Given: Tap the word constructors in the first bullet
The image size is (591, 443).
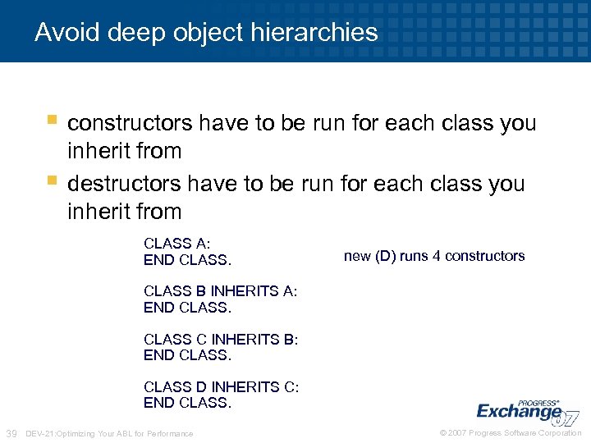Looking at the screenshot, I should [130, 123].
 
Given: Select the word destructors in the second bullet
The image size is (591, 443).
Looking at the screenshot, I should [124, 183].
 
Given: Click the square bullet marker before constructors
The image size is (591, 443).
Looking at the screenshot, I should [52, 121].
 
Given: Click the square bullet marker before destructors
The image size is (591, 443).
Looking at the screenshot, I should [52, 180].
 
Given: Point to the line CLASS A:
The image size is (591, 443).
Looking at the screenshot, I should [176, 243].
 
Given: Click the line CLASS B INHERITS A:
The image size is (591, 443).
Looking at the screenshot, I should [220, 291].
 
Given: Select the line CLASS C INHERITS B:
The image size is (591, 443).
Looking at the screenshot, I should [221, 339].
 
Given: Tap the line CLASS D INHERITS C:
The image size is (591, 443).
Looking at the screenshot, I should [221, 387].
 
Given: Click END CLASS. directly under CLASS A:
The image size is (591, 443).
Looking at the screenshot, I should [187, 260].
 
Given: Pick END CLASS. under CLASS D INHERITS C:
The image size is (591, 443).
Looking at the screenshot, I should [187, 403].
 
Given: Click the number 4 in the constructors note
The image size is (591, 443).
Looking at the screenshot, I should [437, 256].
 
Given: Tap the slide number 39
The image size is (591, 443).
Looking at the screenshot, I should [12, 433].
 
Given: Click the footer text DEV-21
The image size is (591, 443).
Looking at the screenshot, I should [40, 433].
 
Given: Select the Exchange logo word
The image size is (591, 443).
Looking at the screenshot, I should [518, 410].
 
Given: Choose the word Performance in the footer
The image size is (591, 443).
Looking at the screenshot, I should [174, 433].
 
